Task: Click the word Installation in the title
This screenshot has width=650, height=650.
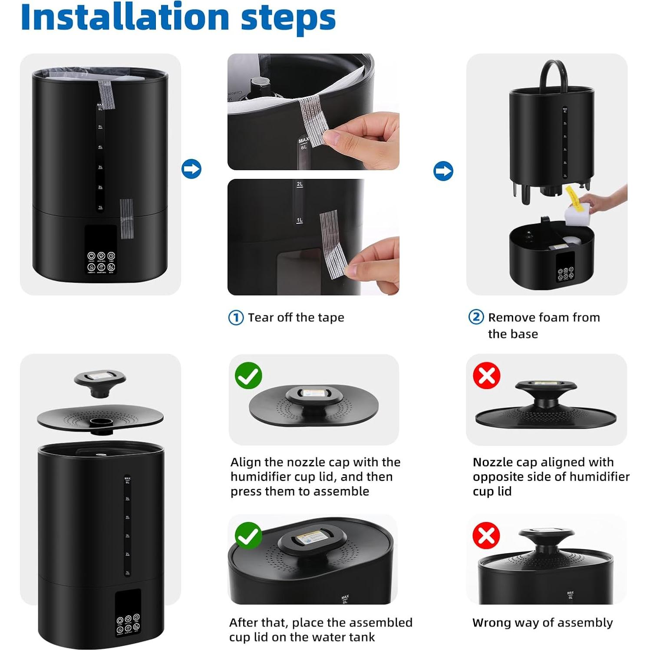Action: click(x=125, y=17)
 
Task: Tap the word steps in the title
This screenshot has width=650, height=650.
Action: click(x=288, y=18)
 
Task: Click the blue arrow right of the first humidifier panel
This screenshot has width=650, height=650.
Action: click(x=191, y=169)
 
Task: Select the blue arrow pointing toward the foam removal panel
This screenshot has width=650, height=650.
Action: click(x=443, y=171)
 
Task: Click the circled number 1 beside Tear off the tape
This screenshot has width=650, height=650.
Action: click(x=236, y=318)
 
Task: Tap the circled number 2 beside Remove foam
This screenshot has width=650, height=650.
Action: click(x=476, y=317)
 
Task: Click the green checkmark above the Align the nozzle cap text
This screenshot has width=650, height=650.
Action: click(x=248, y=376)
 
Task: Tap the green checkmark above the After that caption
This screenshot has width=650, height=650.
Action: click(x=248, y=536)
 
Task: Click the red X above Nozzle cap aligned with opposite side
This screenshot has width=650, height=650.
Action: click(x=486, y=376)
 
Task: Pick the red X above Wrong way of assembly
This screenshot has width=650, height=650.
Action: click(x=486, y=535)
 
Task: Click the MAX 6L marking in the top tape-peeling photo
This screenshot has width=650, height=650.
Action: click(x=304, y=143)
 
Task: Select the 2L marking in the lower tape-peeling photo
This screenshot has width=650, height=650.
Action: click(x=300, y=185)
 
